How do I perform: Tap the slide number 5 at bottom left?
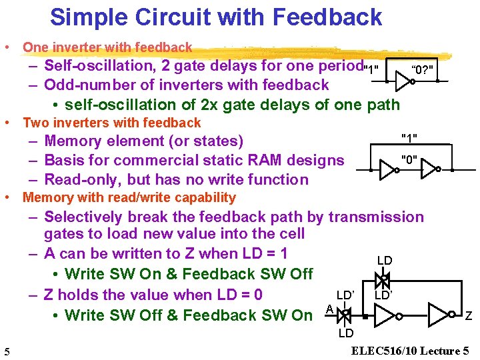click(x=5, y=351)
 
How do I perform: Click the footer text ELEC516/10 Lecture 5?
click(x=410, y=351)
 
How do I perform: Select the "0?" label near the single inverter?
click(x=424, y=69)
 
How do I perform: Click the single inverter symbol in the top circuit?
click(x=403, y=81)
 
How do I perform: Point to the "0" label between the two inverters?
click(x=409, y=159)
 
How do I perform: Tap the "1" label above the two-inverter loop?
click(x=409, y=138)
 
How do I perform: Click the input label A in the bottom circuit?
click(x=329, y=308)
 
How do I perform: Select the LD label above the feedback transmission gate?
click(x=384, y=261)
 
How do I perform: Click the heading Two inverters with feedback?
click(x=111, y=123)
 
